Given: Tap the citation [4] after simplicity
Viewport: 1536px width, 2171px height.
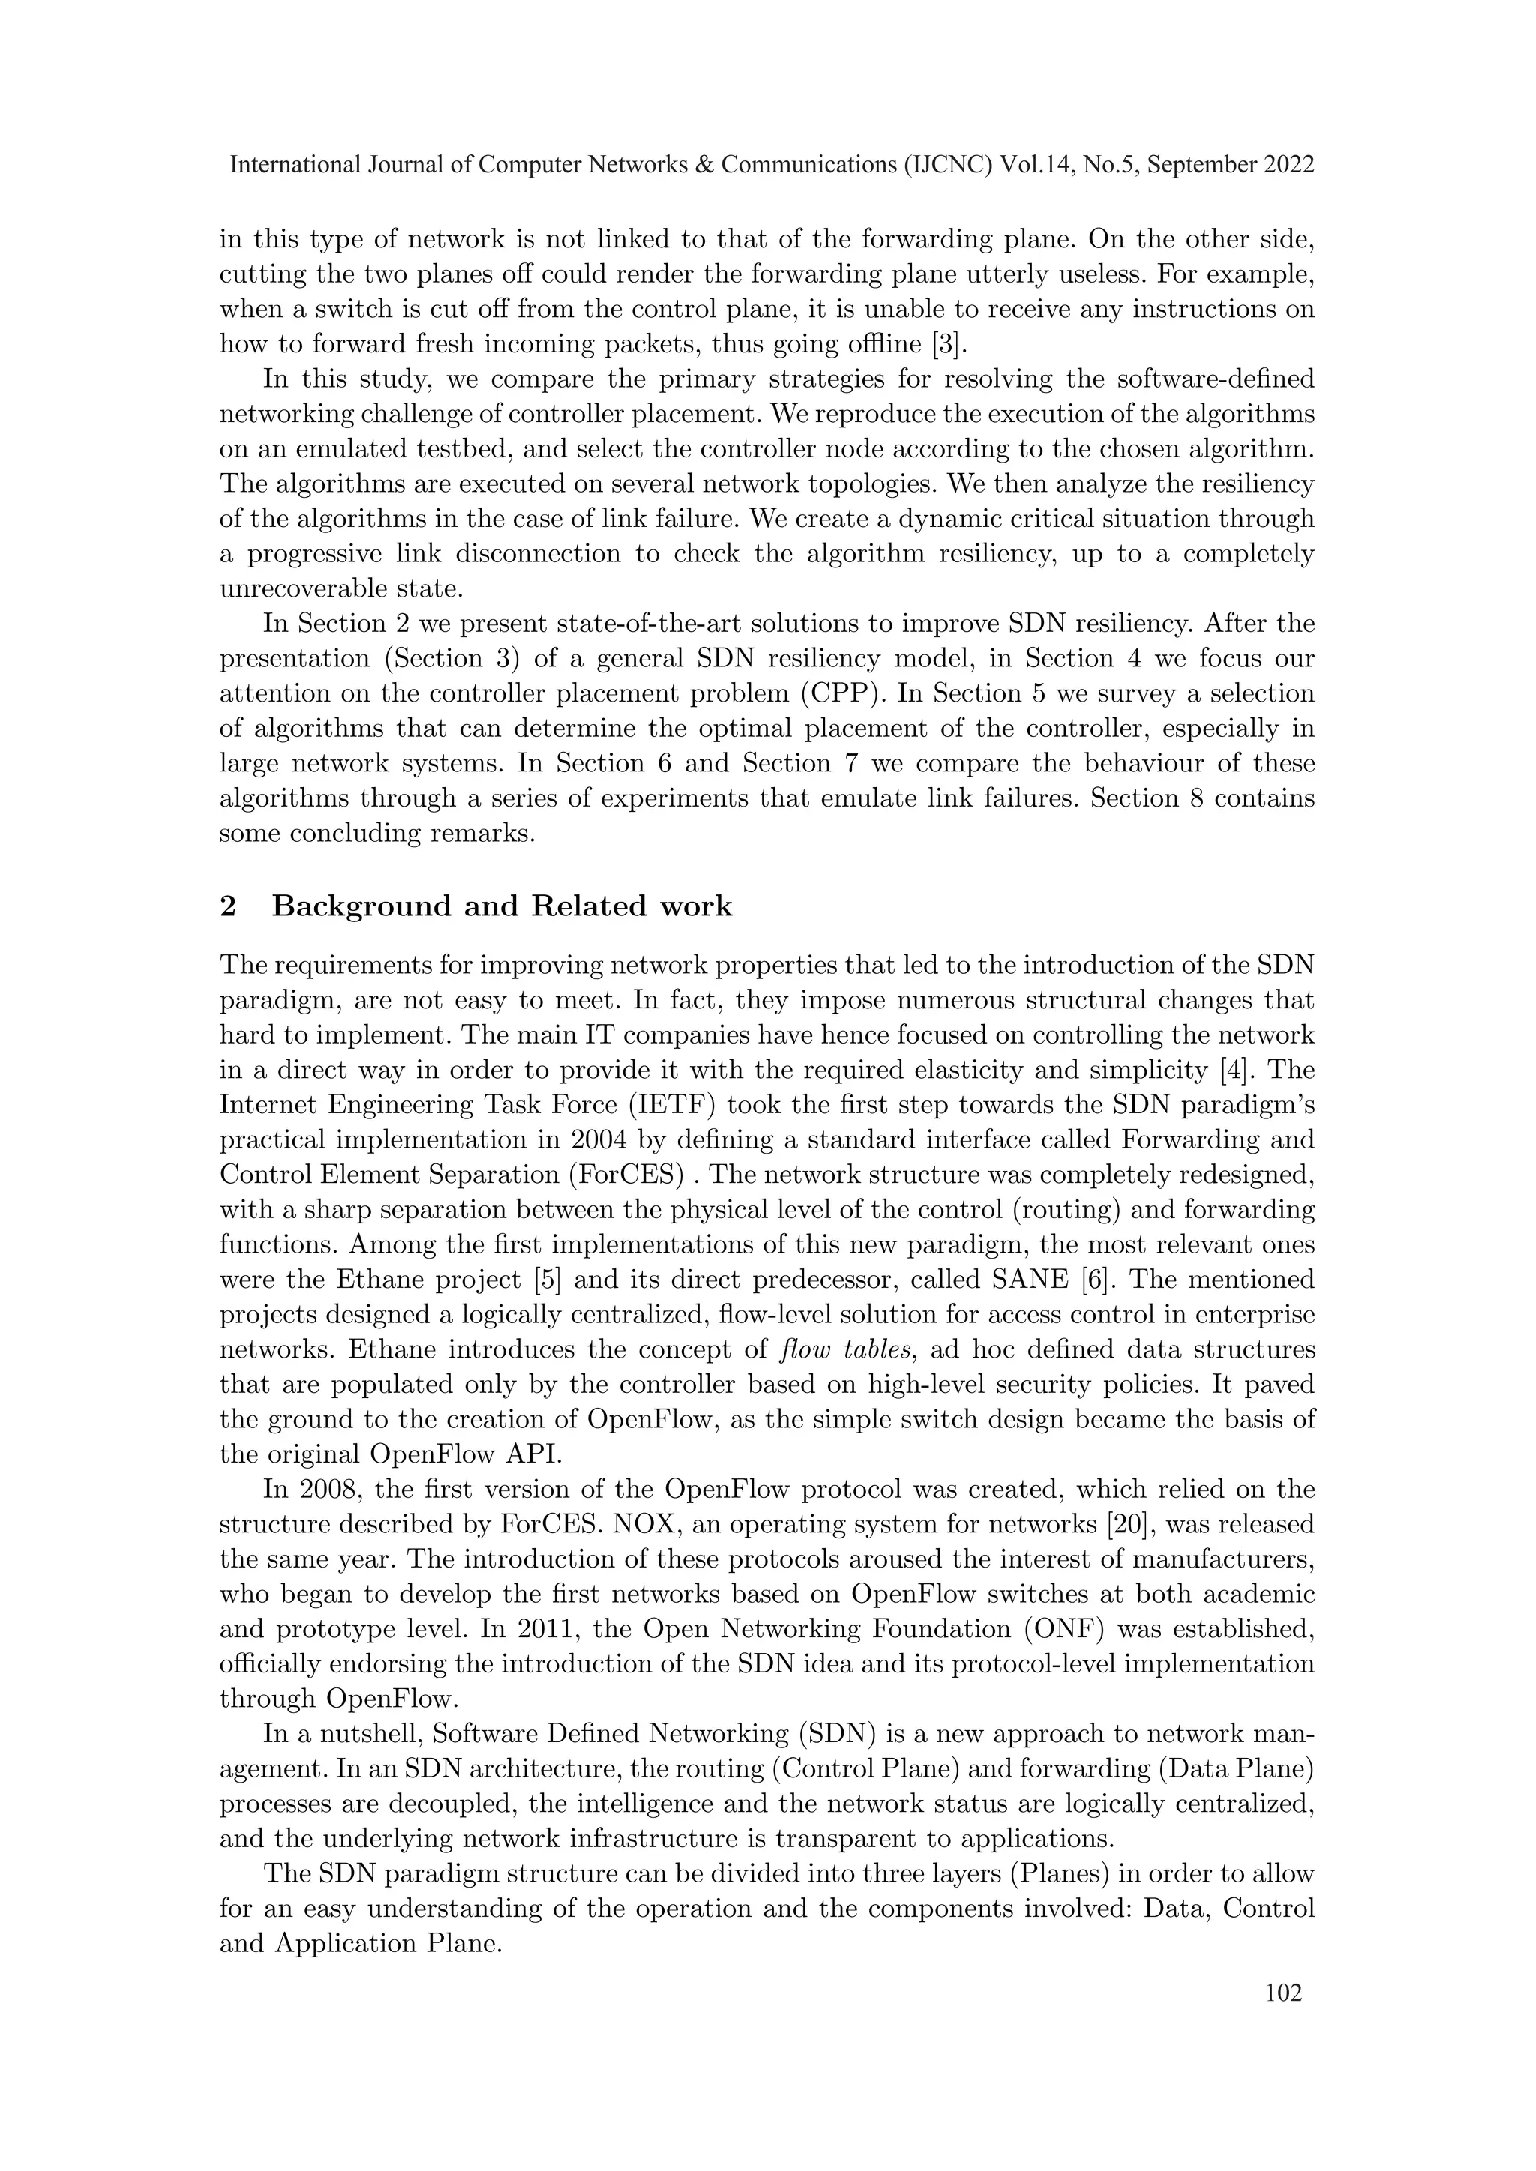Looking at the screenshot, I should pyautogui.click(x=1253, y=1071).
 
